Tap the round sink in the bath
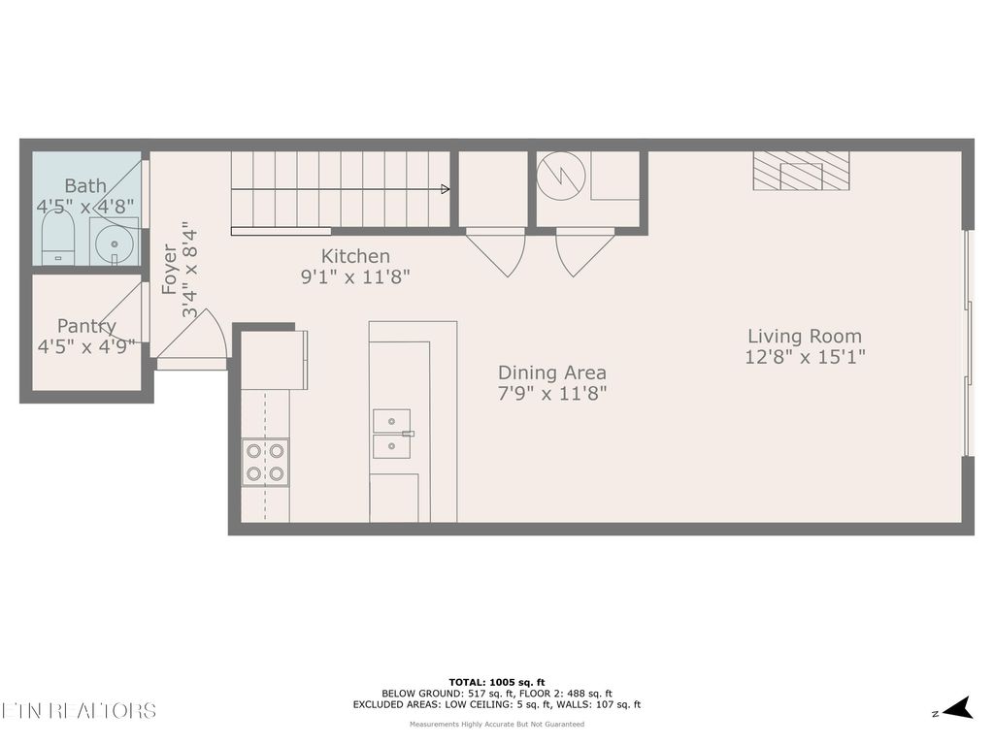(114, 243)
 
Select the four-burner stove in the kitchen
(265, 463)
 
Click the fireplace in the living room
(801, 172)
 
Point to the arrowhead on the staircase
(445, 188)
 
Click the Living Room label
(804, 336)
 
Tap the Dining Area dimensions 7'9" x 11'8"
(552, 393)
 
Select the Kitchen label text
(355, 256)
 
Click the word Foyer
(170, 270)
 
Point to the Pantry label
(86, 326)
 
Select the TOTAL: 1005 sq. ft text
(496, 681)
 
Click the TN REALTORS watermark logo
(78, 710)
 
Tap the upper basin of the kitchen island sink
(391, 421)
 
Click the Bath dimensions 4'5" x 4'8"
(86, 206)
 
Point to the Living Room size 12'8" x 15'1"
(805, 356)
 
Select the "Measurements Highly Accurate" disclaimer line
(496, 724)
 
